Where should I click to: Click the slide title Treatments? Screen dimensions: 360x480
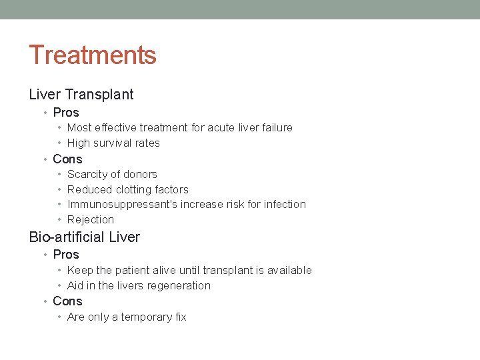tap(93, 55)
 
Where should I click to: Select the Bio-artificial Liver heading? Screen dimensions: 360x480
tap(85, 237)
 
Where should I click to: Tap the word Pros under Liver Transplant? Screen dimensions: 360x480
tap(66, 113)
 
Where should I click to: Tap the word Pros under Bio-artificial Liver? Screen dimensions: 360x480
tap(66, 255)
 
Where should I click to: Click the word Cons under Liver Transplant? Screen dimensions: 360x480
tap(67, 159)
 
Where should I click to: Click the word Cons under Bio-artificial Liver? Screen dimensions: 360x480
tap(67, 301)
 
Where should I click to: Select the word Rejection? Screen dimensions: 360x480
tap(91, 220)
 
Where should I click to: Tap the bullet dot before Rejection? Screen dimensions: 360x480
tap(60, 220)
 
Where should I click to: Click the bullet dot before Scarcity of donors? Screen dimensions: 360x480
tap(60, 175)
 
